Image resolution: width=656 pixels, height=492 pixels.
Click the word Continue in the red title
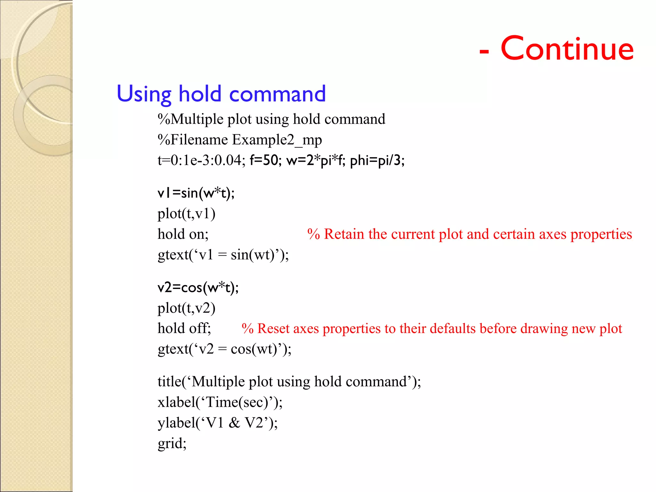click(567, 49)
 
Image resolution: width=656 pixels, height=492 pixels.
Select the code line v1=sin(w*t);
click(196, 193)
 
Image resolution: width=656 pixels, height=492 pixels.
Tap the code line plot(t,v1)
click(186, 214)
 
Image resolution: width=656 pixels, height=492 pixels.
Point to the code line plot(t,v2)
click(186, 308)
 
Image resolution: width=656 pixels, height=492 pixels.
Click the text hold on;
click(183, 234)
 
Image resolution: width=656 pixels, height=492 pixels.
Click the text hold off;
click(184, 329)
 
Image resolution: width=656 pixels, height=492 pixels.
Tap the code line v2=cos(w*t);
click(198, 288)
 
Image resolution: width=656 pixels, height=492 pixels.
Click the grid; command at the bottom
click(172, 444)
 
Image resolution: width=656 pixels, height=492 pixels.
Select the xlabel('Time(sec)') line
click(220, 402)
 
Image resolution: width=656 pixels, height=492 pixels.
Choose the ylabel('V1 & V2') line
click(218, 423)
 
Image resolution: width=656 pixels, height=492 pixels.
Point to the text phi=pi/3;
click(377, 160)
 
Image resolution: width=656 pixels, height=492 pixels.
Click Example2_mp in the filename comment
click(277, 140)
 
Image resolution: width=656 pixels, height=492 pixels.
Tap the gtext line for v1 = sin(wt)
click(223, 255)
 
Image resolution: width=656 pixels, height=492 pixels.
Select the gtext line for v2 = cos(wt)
click(225, 349)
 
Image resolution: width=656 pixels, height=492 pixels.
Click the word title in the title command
click(169, 382)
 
